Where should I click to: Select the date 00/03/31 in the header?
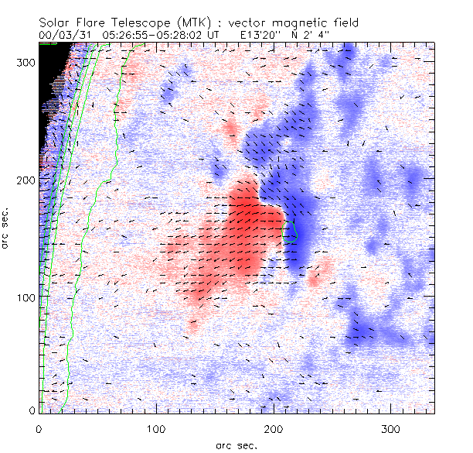[66, 34]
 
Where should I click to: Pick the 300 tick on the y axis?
[26, 63]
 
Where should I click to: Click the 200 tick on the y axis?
[26, 180]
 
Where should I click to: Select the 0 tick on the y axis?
[32, 410]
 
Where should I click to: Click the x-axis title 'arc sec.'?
[236, 444]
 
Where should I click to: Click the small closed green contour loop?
[291, 232]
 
